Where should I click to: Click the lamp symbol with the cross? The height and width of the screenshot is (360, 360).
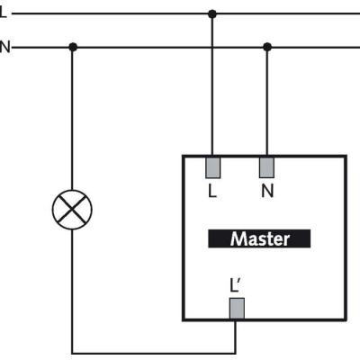(x=72, y=210)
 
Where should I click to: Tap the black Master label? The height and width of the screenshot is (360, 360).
(x=259, y=238)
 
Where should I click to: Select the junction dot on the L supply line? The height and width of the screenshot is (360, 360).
(x=212, y=13)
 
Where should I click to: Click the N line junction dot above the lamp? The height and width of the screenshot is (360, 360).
(x=73, y=47)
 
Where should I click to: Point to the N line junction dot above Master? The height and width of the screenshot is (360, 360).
(x=267, y=47)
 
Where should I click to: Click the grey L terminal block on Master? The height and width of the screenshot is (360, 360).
(x=212, y=167)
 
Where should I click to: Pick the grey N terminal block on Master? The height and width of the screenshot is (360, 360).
(x=266, y=167)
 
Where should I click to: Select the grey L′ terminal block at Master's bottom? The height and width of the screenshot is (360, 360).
(x=237, y=309)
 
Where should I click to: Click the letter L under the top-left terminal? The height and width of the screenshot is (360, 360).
(x=212, y=191)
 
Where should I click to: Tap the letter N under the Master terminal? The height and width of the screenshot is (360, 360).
(x=267, y=191)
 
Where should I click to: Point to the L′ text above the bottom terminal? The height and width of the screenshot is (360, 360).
(x=235, y=285)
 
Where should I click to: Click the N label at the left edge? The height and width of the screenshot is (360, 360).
(x=4, y=47)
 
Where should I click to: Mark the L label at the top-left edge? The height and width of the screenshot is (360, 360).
(x=3, y=13)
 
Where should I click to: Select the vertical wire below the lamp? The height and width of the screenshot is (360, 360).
(x=72, y=292)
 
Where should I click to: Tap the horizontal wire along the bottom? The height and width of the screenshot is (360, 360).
(x=154, y=353)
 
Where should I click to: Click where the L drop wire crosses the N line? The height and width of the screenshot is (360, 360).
(x=212, y=47)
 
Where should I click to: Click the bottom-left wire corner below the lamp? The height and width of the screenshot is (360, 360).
(x=72, y=353)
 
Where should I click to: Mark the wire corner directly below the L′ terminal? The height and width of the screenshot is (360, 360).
(x=235, y=353)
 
